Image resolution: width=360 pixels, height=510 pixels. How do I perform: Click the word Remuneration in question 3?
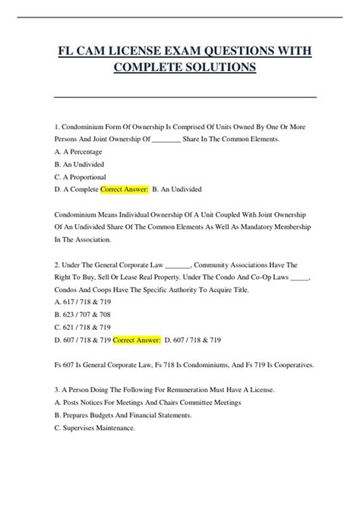click(x=196, y=390)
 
